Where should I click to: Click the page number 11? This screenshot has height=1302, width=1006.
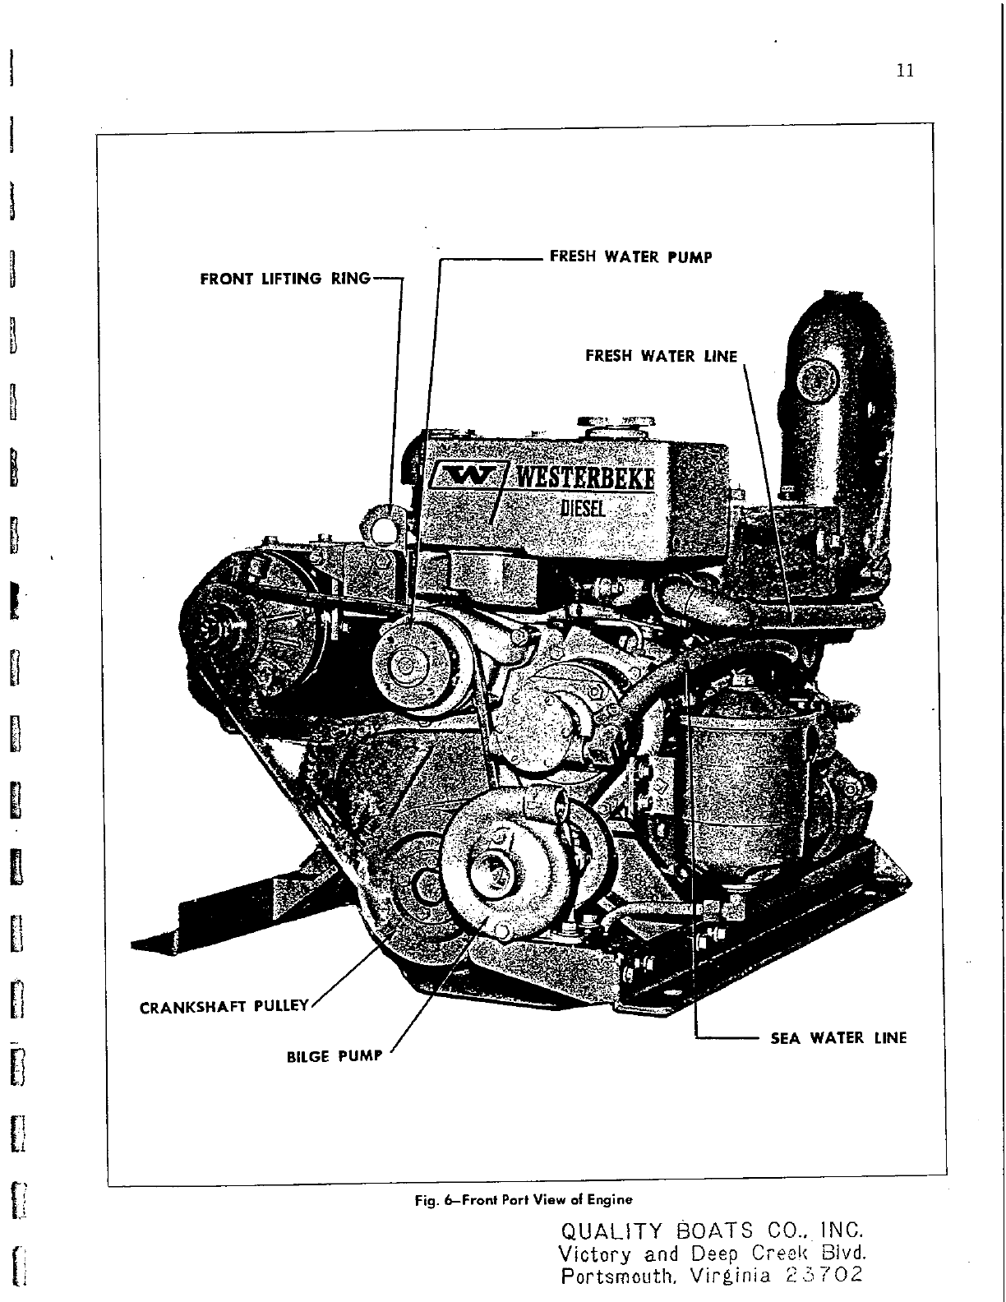905,71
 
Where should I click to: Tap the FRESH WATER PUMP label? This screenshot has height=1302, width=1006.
630,257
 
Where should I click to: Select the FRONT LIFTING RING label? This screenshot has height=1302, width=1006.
285,279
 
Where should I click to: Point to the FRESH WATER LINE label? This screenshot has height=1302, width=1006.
661,356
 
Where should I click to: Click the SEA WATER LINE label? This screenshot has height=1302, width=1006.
838,1038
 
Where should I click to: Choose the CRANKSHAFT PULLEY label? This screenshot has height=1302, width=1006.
224,1006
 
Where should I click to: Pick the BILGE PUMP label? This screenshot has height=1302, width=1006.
335,1056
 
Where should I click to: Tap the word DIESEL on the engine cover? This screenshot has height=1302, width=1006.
583,507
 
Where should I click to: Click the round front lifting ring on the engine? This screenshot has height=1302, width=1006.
382,528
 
